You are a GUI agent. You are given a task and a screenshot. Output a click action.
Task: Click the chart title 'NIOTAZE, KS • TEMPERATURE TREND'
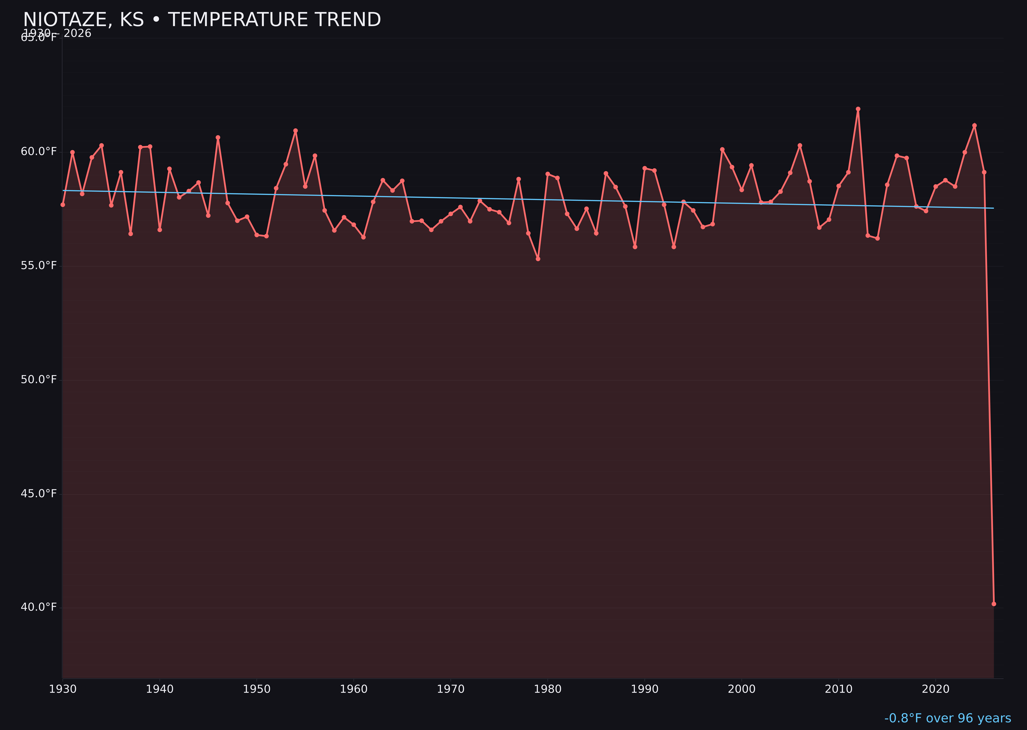tap(202, 20)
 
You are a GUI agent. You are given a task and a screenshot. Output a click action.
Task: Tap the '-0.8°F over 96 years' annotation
tap(947, 718)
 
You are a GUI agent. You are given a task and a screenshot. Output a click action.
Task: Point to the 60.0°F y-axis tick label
tap(39, 151)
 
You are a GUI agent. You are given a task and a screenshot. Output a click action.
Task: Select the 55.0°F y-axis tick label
tap(39, 266)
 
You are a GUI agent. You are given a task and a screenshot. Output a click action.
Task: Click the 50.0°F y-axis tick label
tap(39, 380)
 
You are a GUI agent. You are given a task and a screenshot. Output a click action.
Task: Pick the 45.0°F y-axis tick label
tap(39, 494)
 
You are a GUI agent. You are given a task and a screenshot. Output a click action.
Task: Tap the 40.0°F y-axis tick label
tap(39, 607)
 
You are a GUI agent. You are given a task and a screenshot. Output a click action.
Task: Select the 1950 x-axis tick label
tap(257, 689)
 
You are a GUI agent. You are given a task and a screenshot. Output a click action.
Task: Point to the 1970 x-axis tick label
tap(451, 689)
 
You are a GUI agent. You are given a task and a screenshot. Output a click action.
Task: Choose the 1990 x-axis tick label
tap(644, 689)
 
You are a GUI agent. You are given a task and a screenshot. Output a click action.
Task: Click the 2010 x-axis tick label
tap(839, 689)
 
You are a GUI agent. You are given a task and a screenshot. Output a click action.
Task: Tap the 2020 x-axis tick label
tap(936, 689)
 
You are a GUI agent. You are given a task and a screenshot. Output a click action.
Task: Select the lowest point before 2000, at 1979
tap(538, 259)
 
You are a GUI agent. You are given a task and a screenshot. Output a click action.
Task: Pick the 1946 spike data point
tap(218, 138)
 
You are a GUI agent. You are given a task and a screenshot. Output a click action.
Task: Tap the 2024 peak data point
tap(974, 126)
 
